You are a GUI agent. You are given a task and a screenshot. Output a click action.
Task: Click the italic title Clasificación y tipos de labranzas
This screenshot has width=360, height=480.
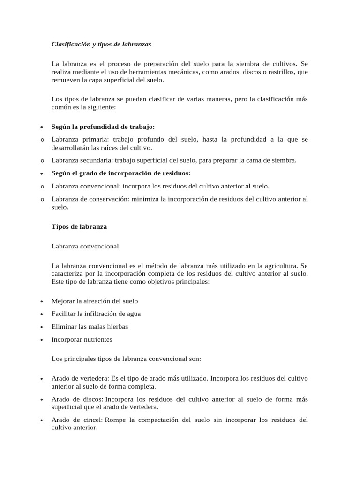pos(101,45)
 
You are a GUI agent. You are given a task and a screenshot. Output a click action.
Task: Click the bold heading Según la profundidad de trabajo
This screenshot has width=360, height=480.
pos(103,127)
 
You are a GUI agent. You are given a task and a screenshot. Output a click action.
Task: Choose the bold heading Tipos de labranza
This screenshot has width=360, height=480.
pos(79,226)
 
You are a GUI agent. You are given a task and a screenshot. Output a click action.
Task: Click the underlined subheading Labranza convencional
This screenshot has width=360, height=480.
pos(85,246)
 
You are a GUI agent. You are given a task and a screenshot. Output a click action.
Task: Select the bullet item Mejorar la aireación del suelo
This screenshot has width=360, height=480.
pos(95,301)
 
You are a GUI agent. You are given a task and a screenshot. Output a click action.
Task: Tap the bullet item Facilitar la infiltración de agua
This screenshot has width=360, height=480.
pos(96,314)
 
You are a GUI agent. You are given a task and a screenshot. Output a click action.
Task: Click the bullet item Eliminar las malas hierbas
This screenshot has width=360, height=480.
pos(90,326)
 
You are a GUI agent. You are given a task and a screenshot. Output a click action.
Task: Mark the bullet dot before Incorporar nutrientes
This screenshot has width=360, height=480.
pos(42,339)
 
